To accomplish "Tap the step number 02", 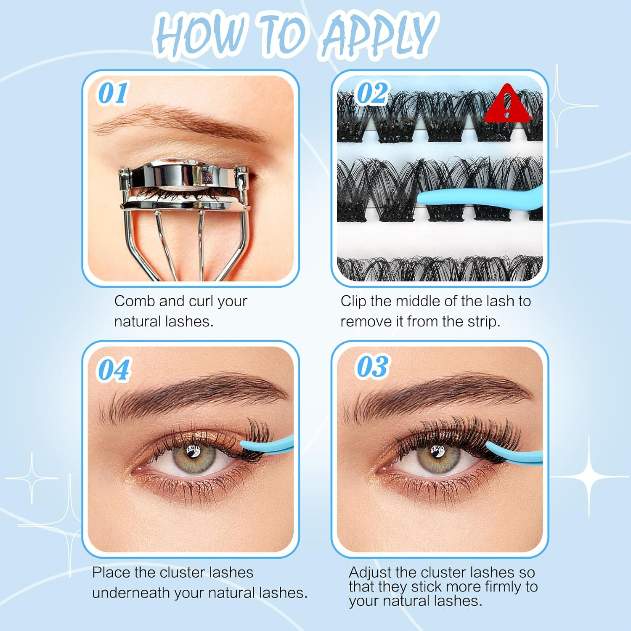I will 372,93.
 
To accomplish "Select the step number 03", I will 372,366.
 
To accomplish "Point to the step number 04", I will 114,370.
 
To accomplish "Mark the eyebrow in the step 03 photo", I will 437,393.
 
